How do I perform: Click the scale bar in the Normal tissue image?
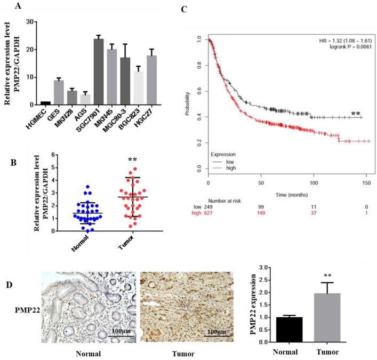pos(122,337)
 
